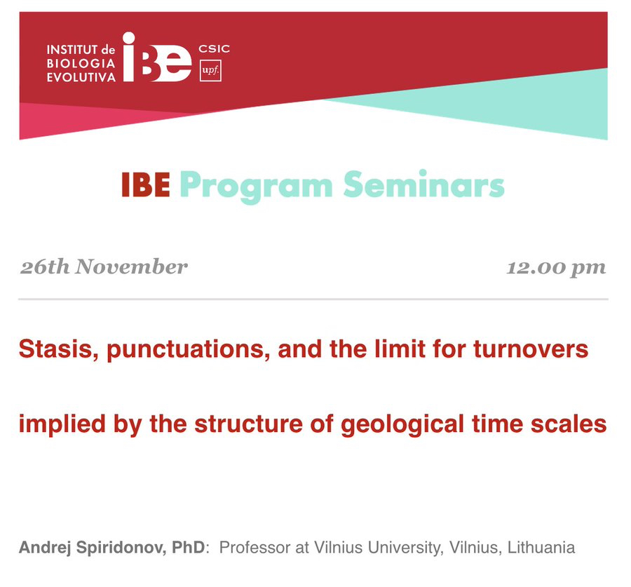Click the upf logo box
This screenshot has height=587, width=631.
coord(210,70)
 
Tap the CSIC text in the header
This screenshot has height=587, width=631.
coord(214,49)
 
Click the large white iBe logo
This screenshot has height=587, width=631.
coord(157,57)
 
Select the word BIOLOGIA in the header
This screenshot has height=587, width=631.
coord(81,63)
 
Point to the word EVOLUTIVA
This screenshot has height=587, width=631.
coord(81,77)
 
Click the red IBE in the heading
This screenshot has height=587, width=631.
coord(146,185)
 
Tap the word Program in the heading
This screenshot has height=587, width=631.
coord(257,187)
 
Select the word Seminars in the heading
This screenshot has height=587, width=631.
coord(423,184)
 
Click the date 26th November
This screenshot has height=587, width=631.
coord(104,267)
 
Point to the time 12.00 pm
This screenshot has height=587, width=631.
coord(556,268)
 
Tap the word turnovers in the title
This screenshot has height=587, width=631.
coord(531,349)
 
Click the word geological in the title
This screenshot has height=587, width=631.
coord(402,425)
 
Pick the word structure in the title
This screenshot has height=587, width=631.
coord(248,424)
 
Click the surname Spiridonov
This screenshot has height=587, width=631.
coord(121,548)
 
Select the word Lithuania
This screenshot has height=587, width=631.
coord(541,548)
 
